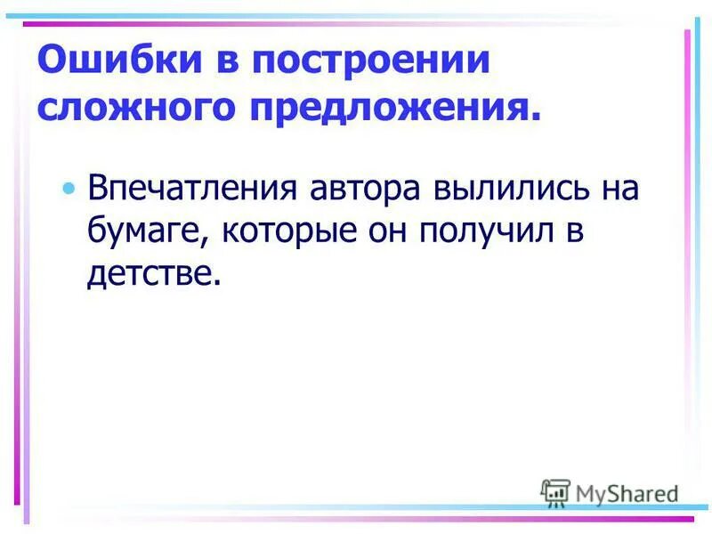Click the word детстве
tap(148, 273)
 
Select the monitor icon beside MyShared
tap(555, 492)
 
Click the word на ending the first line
tap(615, 190)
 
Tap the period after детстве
tap(214, 283)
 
